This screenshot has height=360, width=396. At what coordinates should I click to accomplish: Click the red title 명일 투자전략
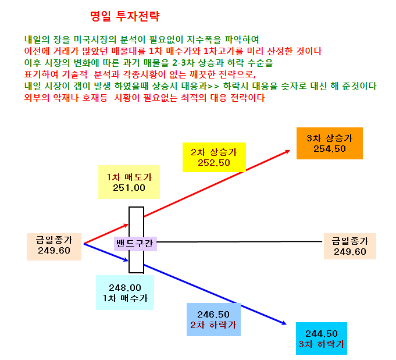pyautogui.click(x=125, y=16)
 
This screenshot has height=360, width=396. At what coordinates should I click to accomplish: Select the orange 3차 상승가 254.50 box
pyautogui.click(x=330, y=143)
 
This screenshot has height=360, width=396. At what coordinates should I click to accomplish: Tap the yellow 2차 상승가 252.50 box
pyautogui.click(x=214, y=157)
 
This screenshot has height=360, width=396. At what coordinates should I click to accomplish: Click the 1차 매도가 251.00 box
pyautogui.click(x=129, y=182)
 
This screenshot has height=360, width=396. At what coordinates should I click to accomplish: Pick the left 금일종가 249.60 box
pyautogui.click(x=54, y=247)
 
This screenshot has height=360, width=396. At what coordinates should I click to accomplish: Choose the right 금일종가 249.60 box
pyautogui.click(x=350, y=246)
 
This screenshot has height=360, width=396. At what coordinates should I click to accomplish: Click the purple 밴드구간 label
pyautogui.click(x=135, y=244)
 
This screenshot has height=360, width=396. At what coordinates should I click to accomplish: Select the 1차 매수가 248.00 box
pyautogui.click(x=125, y=293)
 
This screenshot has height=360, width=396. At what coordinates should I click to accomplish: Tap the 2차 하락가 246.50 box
pyautogui.click(x=213, y=319)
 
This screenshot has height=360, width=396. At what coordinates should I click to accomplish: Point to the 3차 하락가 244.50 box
pyautogui.click(x=322, y=338)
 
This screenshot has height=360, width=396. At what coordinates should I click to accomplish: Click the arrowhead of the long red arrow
pyautogui.click(x=288, y=151)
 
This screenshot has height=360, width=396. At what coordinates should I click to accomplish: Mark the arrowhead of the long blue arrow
pyautogui.click(x=284, y=323)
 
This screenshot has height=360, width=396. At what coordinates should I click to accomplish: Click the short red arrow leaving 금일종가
pyautogui.click(x=106, y=234)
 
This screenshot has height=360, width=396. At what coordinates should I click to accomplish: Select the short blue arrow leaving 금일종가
pyautogui.click(x=106, y=252)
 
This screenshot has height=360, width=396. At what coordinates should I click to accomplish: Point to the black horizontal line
pyautogui.click(x=240, y=242)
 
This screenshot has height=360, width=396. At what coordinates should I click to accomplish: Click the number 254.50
pyautogui.click(x=330, y=149)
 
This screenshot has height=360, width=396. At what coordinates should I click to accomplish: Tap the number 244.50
pyautogui.click(x=322, y=334)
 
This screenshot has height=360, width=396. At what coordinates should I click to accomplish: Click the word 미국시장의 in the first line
pyautogui.click(x=95, y=40)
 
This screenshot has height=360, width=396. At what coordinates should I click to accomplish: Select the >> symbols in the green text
pyautogui.click(x=213, y=87)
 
